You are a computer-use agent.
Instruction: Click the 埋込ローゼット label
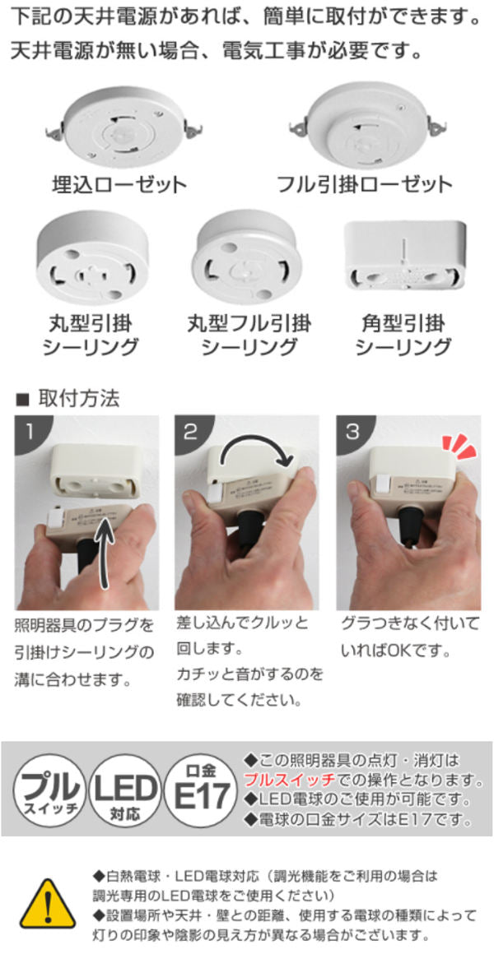[119, 183]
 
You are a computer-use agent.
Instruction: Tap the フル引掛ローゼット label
[365, 183]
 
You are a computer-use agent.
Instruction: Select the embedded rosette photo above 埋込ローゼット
[124, 127]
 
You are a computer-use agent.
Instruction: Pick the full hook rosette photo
[366, 124]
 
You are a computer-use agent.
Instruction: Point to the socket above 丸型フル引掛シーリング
[248, 258]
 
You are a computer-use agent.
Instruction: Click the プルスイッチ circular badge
[50, 787]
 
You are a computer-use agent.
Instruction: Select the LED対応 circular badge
[125, 787]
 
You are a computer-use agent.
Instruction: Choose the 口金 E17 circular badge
[202, 787]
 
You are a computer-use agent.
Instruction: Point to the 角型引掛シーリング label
[403, 335]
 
